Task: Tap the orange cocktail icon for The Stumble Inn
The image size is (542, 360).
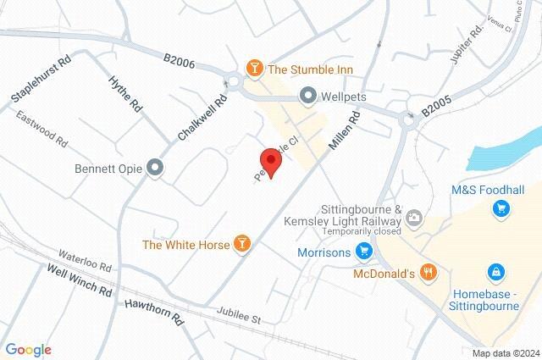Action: tap(252, 68)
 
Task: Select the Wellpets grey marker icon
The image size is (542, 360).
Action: tap(307, 96)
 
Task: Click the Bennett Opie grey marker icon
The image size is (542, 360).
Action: tap(154, 167)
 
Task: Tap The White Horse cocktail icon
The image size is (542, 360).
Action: tap(242, 245)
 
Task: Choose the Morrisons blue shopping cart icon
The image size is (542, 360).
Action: tap(364, 251)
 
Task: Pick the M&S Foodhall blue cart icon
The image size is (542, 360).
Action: tap(501, 208)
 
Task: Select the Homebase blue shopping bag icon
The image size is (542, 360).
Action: tap(495, 272)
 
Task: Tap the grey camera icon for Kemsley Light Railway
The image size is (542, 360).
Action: tap(413, 218)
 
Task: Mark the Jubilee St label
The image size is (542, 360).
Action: tap(241, 314)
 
